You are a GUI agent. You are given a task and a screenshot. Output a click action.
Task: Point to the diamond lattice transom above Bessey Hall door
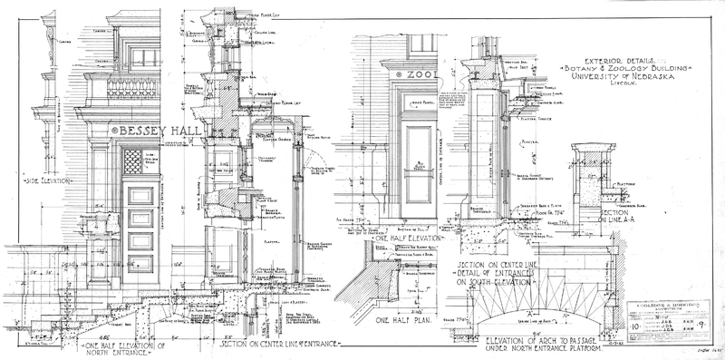(x=135, y=161)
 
